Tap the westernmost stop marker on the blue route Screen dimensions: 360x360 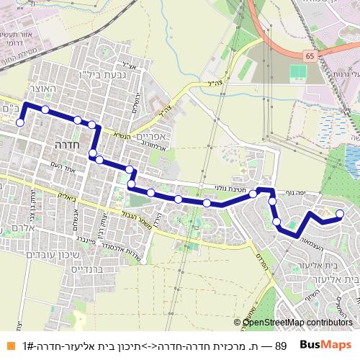(x=20, y=122)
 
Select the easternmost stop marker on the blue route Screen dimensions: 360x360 (x=341, y=213)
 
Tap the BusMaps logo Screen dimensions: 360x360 (x=325, y=345)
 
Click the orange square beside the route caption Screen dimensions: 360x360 (x=8, y=346)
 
